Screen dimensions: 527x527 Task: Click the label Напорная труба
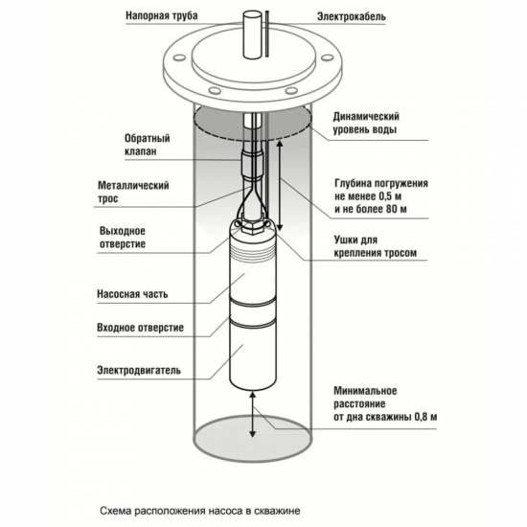click(x=162, y=15)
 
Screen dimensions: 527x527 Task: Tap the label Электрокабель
click(x=352, y=16)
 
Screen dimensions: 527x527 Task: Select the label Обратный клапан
click(x=148, y=145)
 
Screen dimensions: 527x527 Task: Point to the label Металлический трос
click(x=133, y=192)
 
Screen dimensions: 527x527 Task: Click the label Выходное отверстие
click(x=123, y=238)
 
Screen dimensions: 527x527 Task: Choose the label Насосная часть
click(x=132, y=294)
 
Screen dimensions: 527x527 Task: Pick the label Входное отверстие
click(x=141, y=328)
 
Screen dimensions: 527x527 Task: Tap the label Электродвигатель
click(x=139, y=370)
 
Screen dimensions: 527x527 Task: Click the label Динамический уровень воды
click(x=366, y=123)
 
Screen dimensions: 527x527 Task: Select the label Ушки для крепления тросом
click(x=376, y=246)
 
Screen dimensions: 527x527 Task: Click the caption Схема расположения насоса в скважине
click(x=200, y=512)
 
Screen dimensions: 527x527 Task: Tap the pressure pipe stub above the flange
click(x=252, y=34)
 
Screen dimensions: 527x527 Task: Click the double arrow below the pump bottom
click(x=252, y=414)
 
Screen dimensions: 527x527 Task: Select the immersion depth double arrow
click(x=280, y=186)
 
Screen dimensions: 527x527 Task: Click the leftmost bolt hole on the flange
click(x=179, y=57)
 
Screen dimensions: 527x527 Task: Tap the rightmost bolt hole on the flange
click(x=327, y=57)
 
